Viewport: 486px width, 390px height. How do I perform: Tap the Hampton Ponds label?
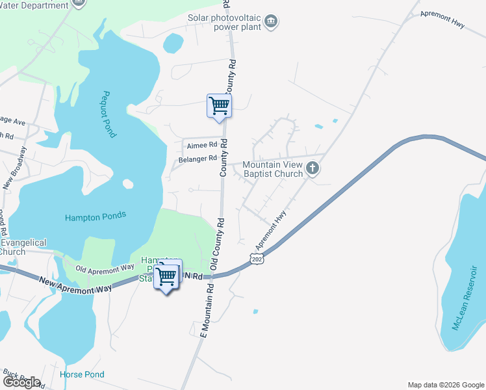[96, 217]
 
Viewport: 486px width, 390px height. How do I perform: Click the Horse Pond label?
[82, 374]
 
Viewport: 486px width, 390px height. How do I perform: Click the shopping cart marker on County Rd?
[219, 105]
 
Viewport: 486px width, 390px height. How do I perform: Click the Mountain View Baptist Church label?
[272, 169]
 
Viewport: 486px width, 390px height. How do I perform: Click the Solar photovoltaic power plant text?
[224, 23]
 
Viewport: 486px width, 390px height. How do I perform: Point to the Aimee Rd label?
[201, 145]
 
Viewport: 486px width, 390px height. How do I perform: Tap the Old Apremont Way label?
[105, 268]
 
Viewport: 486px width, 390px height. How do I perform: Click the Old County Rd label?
[217, 244]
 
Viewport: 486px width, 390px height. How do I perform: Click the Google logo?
[21, 382]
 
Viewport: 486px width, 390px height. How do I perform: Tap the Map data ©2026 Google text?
[446, 385]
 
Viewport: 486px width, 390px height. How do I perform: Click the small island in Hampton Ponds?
[127, 184]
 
